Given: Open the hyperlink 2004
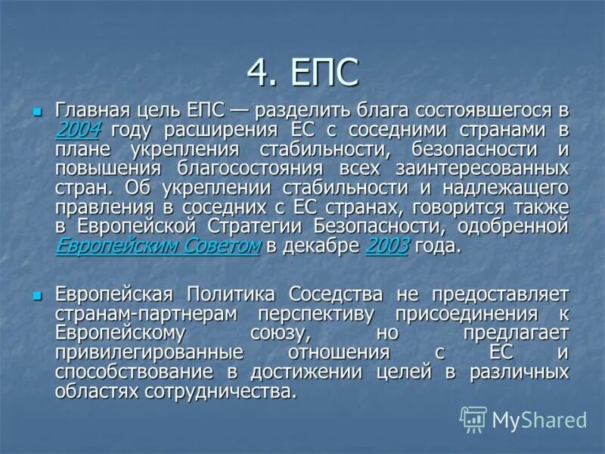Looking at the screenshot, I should (x=78, y=129).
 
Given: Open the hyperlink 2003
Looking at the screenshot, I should (x=386, y=246).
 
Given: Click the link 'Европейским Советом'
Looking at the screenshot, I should (x=157, y=246).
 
